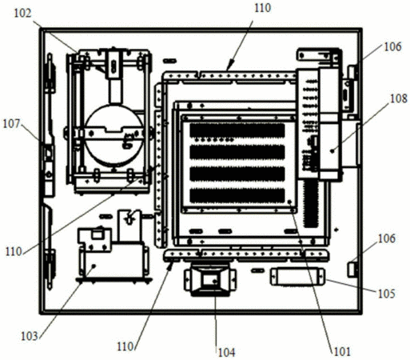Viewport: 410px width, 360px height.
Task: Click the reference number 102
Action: [22, 14]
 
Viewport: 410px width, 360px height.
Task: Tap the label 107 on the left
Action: [11, 124]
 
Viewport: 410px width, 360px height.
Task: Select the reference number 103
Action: [30, 336]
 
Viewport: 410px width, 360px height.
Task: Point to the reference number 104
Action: [227, 353]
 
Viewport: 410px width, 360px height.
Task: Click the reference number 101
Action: [342, 352]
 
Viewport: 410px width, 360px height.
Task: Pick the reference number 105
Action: [387, 294]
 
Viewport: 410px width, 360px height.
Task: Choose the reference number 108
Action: [399, 98]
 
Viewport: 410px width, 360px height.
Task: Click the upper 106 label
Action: [392, 47]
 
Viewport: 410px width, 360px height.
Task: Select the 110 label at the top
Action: [262, 8]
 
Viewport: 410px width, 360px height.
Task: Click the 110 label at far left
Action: [14, 251]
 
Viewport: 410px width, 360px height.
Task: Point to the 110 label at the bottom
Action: [125, 346]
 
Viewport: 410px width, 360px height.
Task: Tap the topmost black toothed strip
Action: [237, 130]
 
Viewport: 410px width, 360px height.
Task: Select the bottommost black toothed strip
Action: [237, 196]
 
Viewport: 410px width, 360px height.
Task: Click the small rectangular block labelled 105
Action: [297, 277]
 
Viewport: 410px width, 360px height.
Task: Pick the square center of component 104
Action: [210, 280]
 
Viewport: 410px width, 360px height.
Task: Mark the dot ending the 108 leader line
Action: [332, 151]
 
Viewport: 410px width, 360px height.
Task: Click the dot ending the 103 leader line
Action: [94, 266]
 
